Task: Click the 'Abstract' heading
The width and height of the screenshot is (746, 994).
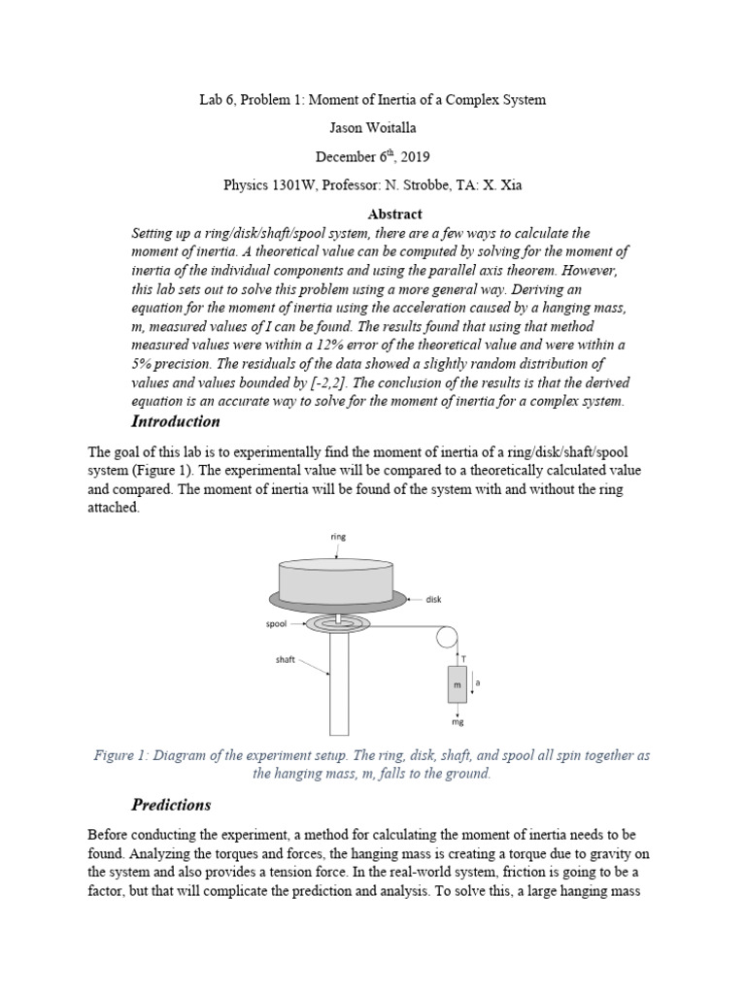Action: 394,214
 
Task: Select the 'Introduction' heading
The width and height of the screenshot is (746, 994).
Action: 175,421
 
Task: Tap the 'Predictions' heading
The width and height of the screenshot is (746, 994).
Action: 170,805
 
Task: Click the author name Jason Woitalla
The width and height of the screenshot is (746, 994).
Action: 372,127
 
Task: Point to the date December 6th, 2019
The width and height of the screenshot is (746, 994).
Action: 372,156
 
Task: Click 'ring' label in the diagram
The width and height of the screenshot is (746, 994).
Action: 338,535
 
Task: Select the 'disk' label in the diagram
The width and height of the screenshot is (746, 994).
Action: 433,599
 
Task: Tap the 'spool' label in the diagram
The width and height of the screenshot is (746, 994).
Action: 276,624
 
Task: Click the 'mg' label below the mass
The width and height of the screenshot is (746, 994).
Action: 458,723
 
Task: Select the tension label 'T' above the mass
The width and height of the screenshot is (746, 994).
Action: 462,658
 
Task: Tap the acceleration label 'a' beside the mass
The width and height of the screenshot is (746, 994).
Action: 478,682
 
